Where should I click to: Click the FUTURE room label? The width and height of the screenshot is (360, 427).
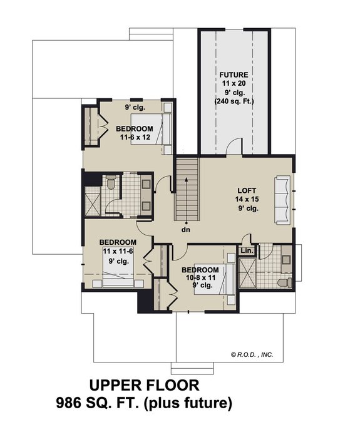click(x=234, y=75)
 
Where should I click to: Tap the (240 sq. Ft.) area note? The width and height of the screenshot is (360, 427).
click(x=234, y=101)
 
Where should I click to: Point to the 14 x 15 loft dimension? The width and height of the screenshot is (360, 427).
click(x=247, y=199)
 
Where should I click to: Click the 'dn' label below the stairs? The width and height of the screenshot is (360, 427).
click(x=186, y=230)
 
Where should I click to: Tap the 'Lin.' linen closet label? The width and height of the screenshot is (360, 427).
click(x=247, y=251)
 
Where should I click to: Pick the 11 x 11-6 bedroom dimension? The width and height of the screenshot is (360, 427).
click(x=118, y=252)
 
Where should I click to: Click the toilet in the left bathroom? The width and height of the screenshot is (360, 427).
click(x=110, y=183)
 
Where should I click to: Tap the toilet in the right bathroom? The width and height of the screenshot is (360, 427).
click(x=285, y=282)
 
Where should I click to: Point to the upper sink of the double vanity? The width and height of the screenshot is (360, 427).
click(x=145, y=183)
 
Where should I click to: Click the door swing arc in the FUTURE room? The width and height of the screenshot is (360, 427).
click(x=233, y=145)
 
